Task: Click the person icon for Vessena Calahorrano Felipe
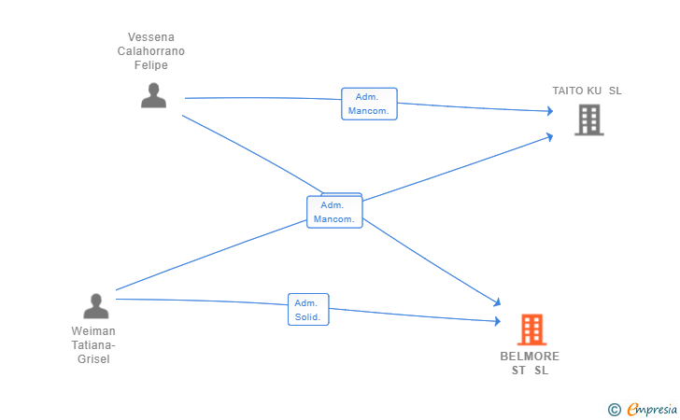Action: point(153,95)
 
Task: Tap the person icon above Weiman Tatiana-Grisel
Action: point(96,306)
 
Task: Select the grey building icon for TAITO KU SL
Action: point(588,120)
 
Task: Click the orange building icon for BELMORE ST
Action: point(531,329)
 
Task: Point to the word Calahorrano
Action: point(151,51)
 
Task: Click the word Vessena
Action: point(151,37)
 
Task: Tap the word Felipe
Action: point(151,65)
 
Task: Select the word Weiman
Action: point(93,331)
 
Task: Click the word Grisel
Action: point(93,359)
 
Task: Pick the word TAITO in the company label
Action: point(568,91)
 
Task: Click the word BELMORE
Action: point(530,357)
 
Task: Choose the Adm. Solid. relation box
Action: point(308,310)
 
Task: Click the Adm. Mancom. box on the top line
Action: point(369,104)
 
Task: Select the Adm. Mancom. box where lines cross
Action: point(334,212)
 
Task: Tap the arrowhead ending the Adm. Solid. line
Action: point(498,321)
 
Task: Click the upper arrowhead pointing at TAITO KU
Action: point(550,111)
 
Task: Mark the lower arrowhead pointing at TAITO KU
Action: point(550,137)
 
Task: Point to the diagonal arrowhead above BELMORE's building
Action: point(497,302)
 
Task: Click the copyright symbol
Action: point(614,410)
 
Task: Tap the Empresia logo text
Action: point(652,409)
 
